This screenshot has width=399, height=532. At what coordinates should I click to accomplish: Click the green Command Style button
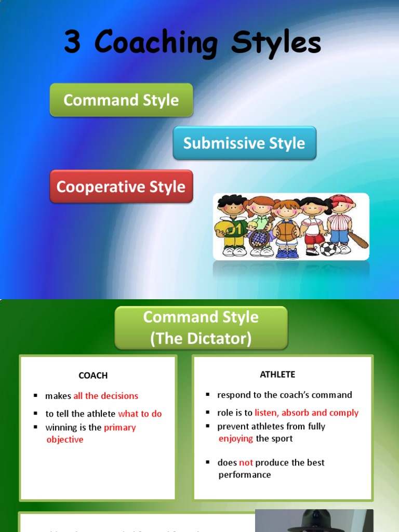coord(121,100)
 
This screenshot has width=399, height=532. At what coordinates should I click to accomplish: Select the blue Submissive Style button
coord(244,143)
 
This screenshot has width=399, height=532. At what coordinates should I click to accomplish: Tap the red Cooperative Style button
coord(121,187)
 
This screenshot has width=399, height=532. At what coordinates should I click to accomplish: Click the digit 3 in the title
coord(72,42)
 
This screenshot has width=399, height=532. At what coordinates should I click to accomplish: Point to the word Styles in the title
coord(276,43)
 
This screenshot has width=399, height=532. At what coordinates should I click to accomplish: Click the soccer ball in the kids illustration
coord(328,249)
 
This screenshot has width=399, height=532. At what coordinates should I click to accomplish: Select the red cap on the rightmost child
coord(342,199)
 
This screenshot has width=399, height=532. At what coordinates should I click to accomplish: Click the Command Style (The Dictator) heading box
coord(201,327)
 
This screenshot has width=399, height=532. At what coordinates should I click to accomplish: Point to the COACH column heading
coord(93,375)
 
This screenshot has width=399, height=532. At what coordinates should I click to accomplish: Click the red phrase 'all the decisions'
coord(106,396)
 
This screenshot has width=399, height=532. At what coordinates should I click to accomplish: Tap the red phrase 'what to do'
coord(140,414)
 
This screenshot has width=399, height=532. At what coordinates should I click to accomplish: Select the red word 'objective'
coord(65,440)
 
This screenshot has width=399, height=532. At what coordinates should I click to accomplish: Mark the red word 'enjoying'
coord(236,438)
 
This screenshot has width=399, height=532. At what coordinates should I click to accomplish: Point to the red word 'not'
coord(246,462)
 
